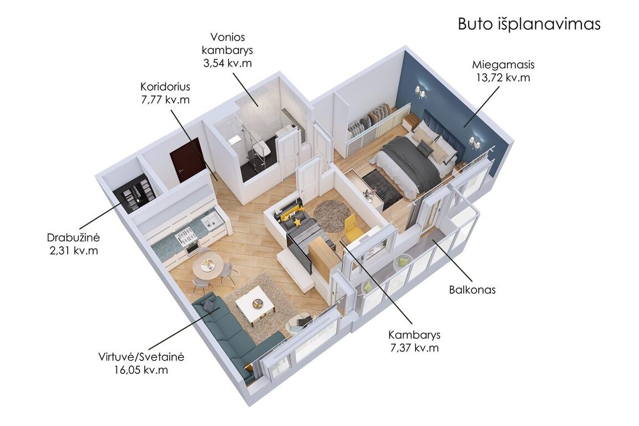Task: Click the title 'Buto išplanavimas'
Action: [529, 24]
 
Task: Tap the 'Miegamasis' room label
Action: [503, 64]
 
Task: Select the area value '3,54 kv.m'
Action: [227, 63]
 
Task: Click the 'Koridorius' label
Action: [165, 87]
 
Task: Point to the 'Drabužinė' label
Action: [73, 237]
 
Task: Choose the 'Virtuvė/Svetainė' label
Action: [141, 357]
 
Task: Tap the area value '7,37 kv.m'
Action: [414, 348]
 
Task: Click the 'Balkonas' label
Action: [473, 290]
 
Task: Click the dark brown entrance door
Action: [186, 160]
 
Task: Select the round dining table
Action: [207, 266]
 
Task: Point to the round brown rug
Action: [332, 215]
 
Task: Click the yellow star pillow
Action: [297, 222]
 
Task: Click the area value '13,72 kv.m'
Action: [503, 78]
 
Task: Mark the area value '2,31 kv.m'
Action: [74, 250]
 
